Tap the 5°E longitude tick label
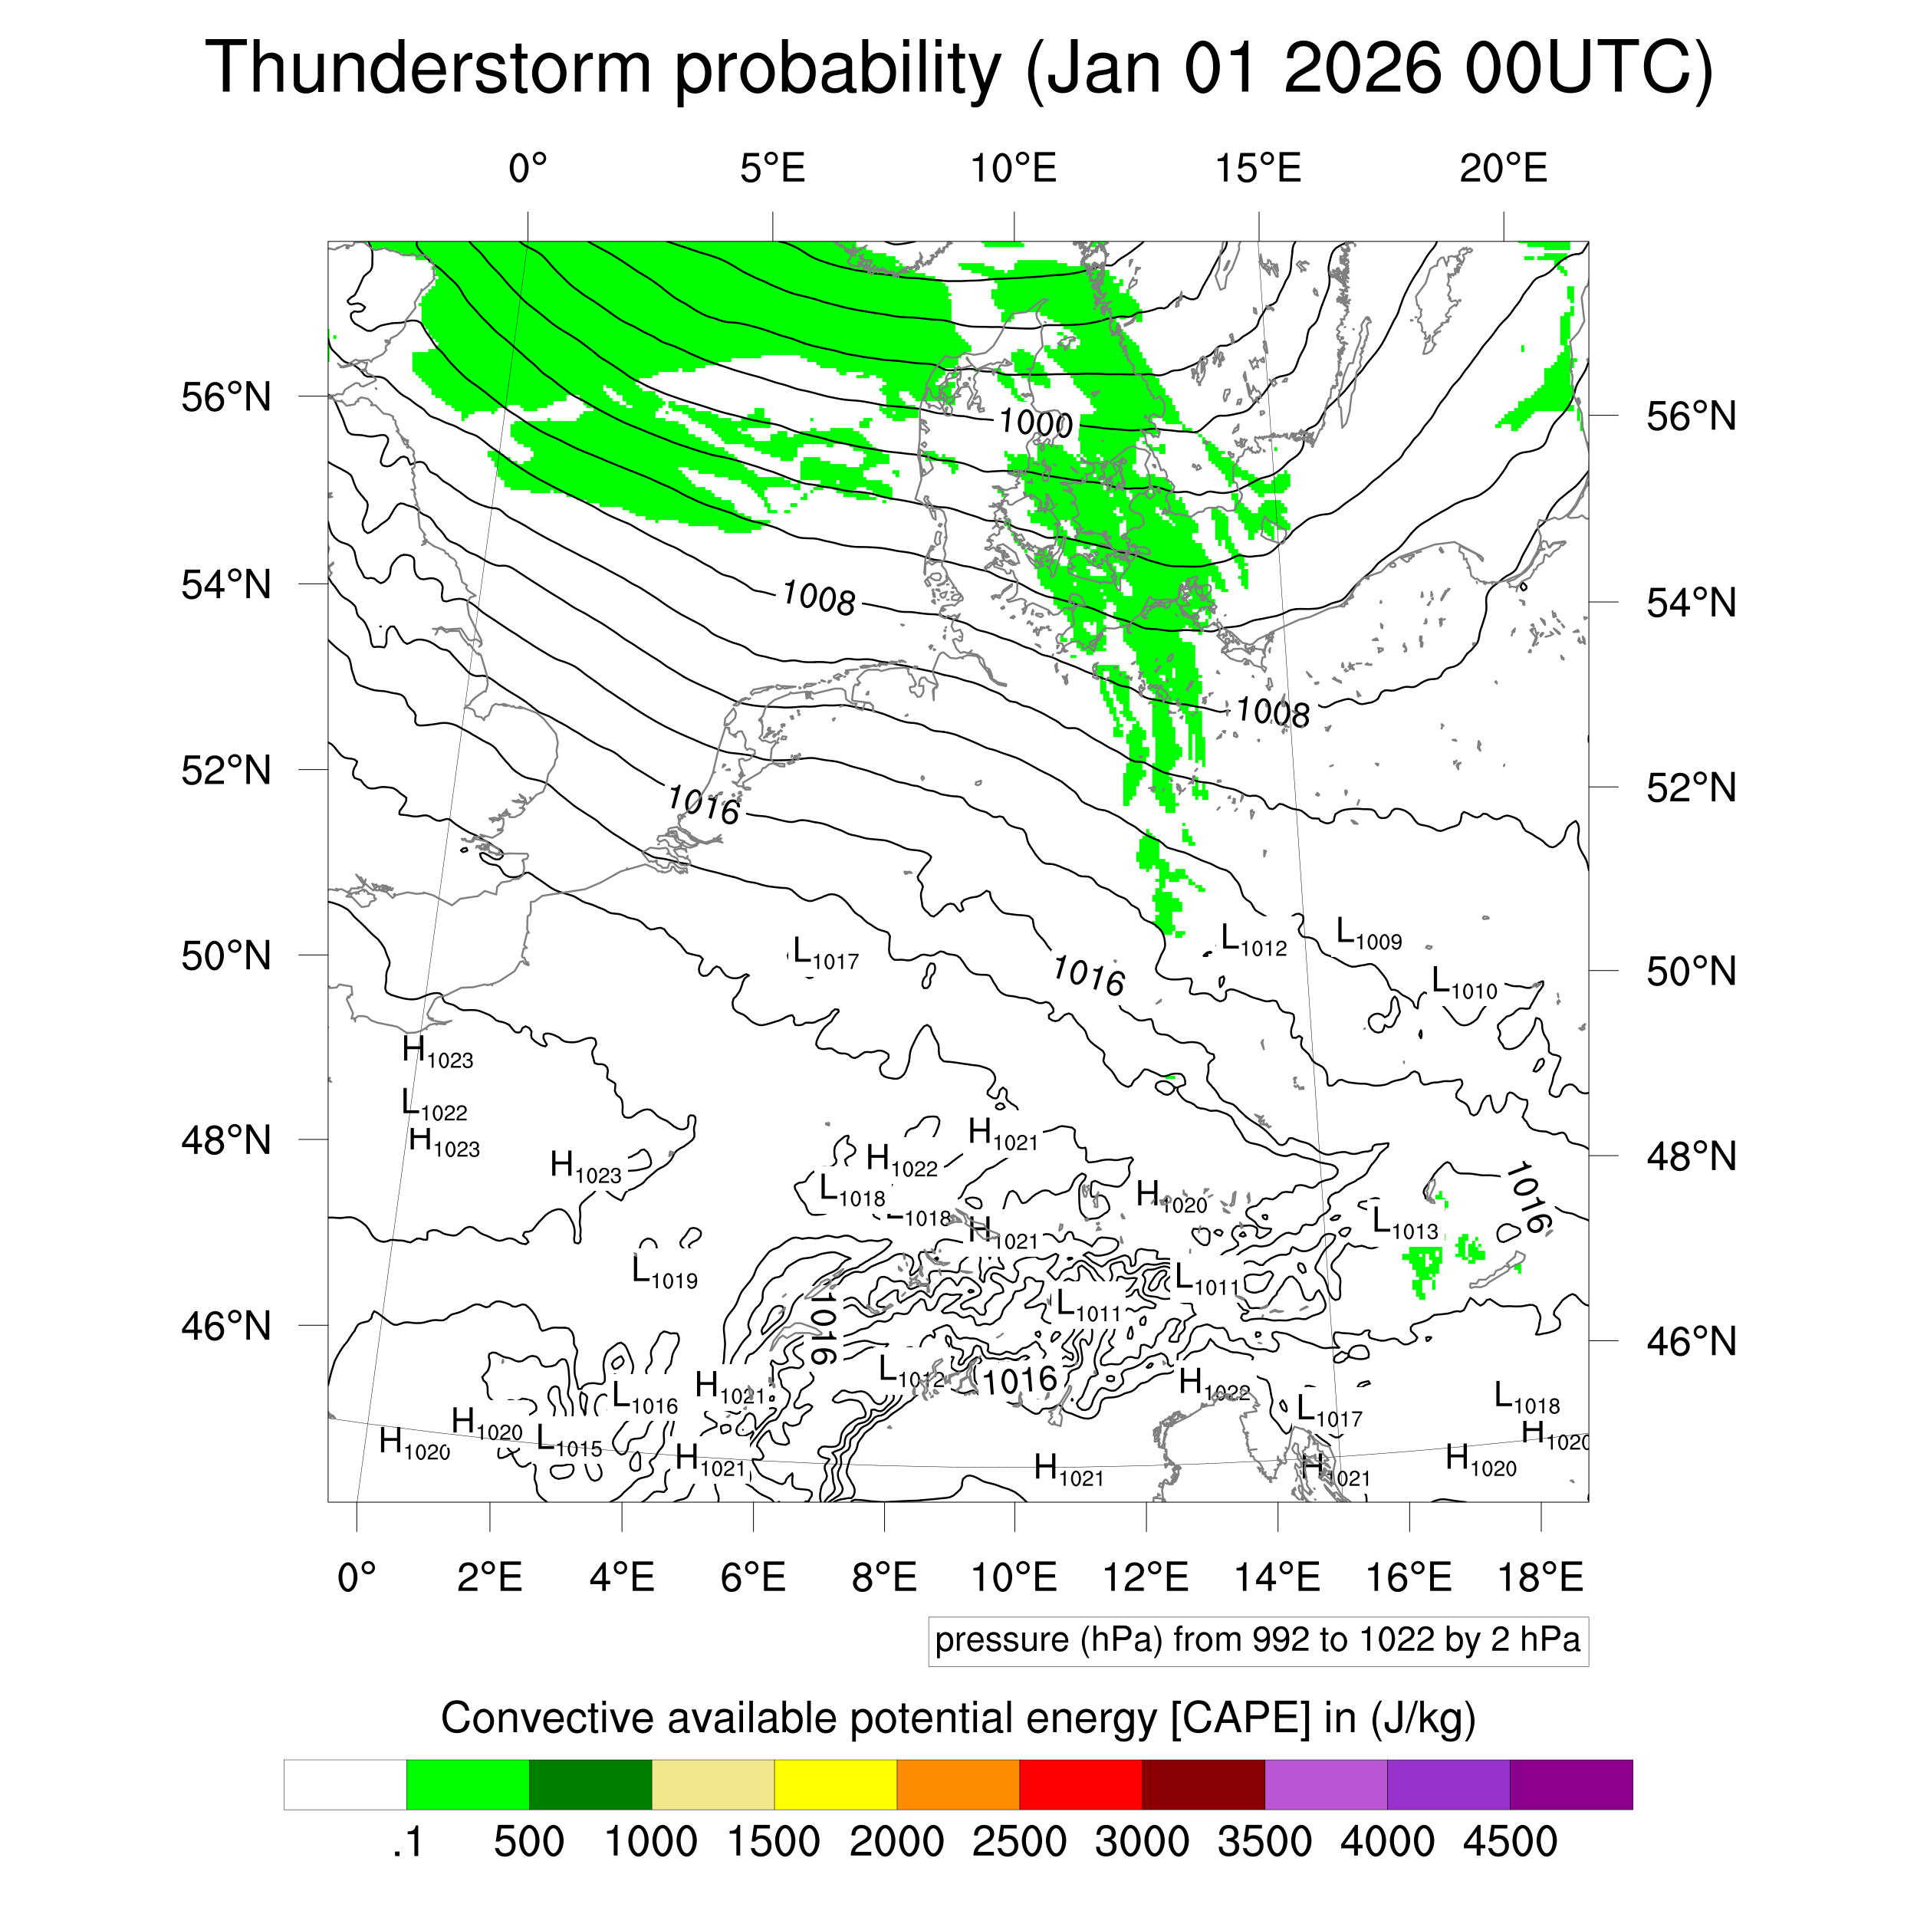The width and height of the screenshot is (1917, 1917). [772, 169]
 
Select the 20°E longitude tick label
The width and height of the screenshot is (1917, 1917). [1502, 169]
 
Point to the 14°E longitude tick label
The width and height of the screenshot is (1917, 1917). [1277, 1577]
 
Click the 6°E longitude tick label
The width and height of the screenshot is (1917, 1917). [753, 1577]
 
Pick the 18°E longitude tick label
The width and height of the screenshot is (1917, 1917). [1540, 1577]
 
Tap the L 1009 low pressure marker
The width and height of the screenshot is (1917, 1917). [1368, 934]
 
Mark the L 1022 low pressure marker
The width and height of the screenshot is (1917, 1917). [433, 1106]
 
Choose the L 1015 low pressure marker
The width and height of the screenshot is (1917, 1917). [568, 1441]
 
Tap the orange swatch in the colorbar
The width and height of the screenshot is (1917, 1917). [958, 1784]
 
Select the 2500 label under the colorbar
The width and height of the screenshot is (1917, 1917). [1019, 1842]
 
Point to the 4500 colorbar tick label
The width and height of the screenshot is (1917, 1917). [1509, 1842]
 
